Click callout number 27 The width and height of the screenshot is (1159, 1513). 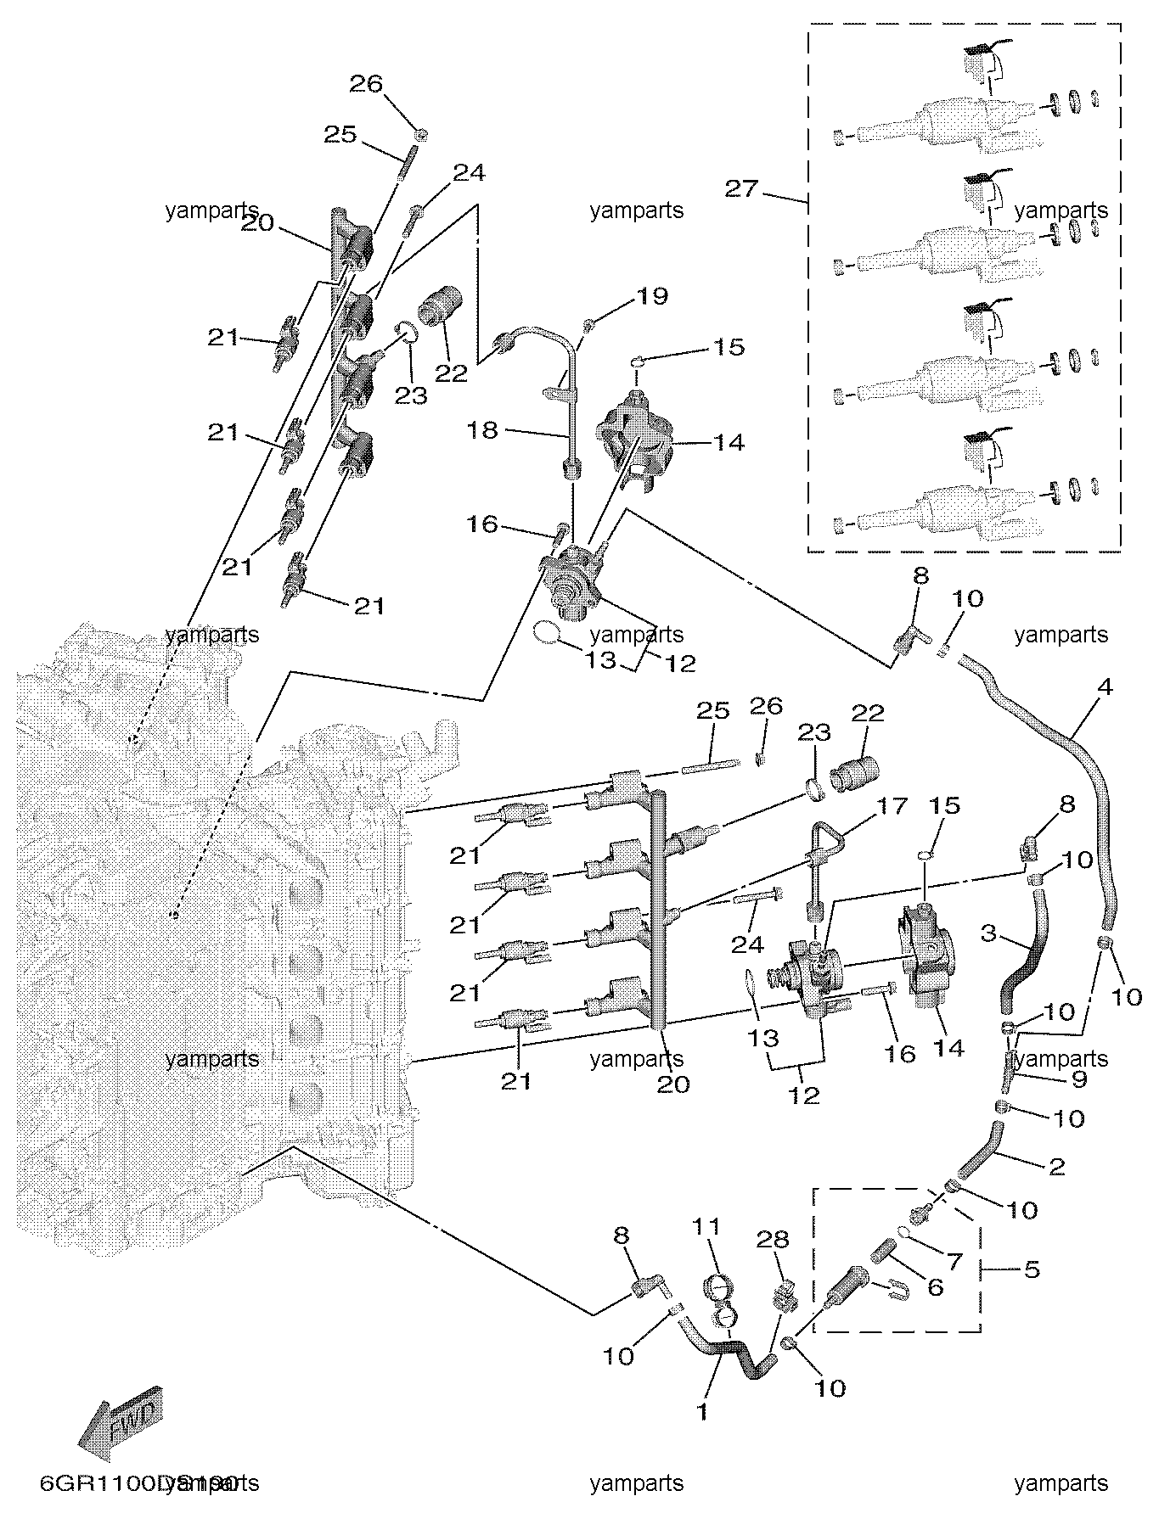pos(740,188)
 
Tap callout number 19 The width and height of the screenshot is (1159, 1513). pos(652,296)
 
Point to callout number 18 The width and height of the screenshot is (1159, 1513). pos(482,430)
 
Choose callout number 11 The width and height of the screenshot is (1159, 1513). pos(706,1226)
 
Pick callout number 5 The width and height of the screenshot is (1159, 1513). pos(1031,1270)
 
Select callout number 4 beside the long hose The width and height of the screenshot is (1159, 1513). pos(1104,686)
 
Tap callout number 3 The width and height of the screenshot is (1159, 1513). pos(987,933)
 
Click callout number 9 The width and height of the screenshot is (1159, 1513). pos(1079,1080)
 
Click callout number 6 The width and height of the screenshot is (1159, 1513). pos(934,1287)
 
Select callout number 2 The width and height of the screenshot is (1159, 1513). pos(1056,1167)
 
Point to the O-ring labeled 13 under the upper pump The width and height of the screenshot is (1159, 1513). pos(548,631)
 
